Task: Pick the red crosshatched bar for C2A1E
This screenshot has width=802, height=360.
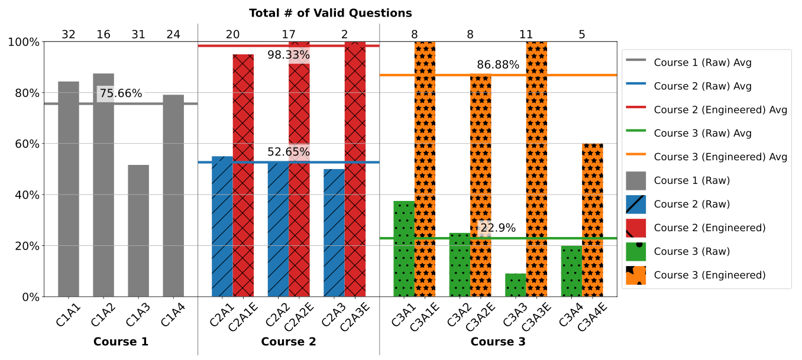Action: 243,177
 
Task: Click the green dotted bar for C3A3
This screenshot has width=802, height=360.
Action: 516,285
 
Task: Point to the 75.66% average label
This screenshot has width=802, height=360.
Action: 121,93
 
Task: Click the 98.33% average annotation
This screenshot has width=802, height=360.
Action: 289,56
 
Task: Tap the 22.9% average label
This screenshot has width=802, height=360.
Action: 498,228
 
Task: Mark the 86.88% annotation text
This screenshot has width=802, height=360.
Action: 498,65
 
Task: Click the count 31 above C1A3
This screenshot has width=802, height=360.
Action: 138,35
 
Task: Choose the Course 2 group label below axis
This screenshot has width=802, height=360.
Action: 289,342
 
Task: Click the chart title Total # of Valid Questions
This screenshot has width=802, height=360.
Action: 330,13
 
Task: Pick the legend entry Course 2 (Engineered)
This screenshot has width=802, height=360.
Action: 710,228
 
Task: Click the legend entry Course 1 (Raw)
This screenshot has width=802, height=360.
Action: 692,181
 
